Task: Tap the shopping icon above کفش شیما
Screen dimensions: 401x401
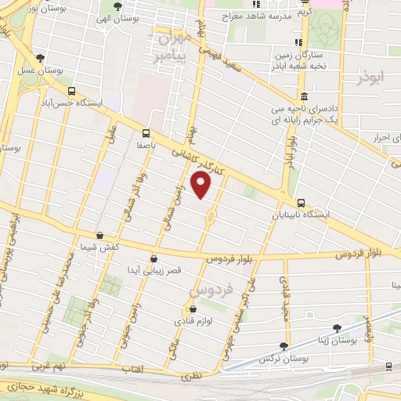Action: point(99,235)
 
